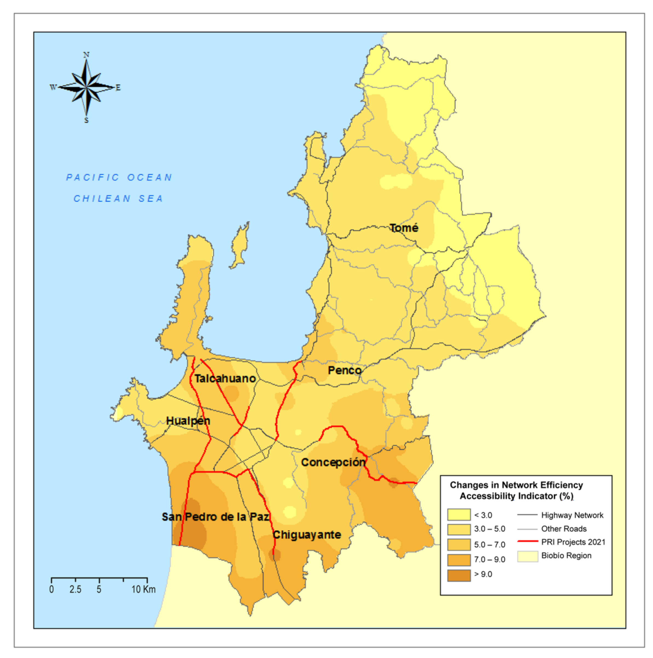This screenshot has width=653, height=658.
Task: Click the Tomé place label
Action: pyautogui.click(x=404, y=228)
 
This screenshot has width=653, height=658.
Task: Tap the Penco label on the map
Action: pyautogui.click(x=344, y=371)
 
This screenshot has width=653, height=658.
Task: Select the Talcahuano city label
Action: pyautogui.click(x=225, y=378)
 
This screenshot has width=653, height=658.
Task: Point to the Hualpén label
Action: pyautogui.click(x=188, y=421)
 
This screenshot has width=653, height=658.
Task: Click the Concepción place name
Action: pyautogui.click(x=333, y=463)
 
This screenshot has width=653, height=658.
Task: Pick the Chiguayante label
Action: pyautogui.click(x=307, y=535)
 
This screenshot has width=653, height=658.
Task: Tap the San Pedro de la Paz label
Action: pyautogui.click(x=216, y=517)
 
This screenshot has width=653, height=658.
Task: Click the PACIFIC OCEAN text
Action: pyautogui.click(x=119, y=177)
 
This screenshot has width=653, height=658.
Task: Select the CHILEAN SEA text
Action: pyautogui.click(x=118, y=198)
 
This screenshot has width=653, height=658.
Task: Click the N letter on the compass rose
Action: pyautogui.click(x=86, y=55)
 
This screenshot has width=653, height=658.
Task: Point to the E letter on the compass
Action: pyautogui.click(x=118, y=88)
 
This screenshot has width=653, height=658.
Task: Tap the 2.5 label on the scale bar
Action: pyautogui.click(x=75, y=590)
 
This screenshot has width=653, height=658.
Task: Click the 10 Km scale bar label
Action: pyautogui.click(x=143, y=590)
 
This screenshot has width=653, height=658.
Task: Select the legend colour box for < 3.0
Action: pyautogui.click(x=458, y=515)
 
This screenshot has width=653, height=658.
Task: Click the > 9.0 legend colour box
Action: pyautogui.click(x=458, y=575)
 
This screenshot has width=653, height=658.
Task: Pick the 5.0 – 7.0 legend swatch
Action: pyautogui.click(x=458, y=545)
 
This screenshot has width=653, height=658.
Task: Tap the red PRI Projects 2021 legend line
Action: pyautogui.click(x=527, y=541)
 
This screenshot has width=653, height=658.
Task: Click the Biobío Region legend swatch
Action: pyautogui.click(x=527, y=556)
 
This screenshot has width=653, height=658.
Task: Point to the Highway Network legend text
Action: pyautogui.click(x=572, y=515)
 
